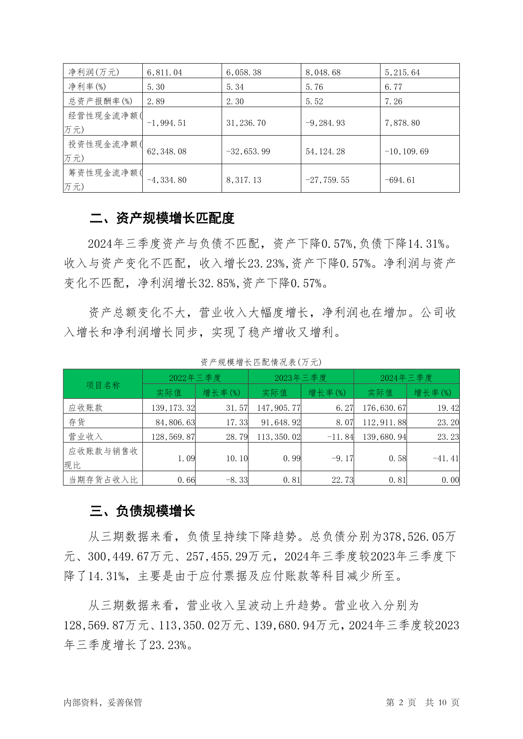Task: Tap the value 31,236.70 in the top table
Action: (246, 123)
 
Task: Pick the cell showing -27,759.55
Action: (327, 180)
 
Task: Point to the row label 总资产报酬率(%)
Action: (100, 101)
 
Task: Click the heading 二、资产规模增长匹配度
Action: (162, 218)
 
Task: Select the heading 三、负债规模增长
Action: (142, 511)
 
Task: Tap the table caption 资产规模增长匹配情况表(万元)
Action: (261, 362)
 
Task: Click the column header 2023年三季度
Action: (301, 378)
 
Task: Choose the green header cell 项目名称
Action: (103, 385)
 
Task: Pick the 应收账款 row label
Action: (86, 408)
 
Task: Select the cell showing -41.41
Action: (446, 458)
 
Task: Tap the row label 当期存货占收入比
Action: (103, 480)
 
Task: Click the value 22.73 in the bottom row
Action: (342, 480)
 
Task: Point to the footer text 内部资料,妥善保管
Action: (103, 702)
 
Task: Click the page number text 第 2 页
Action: (400, 702)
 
